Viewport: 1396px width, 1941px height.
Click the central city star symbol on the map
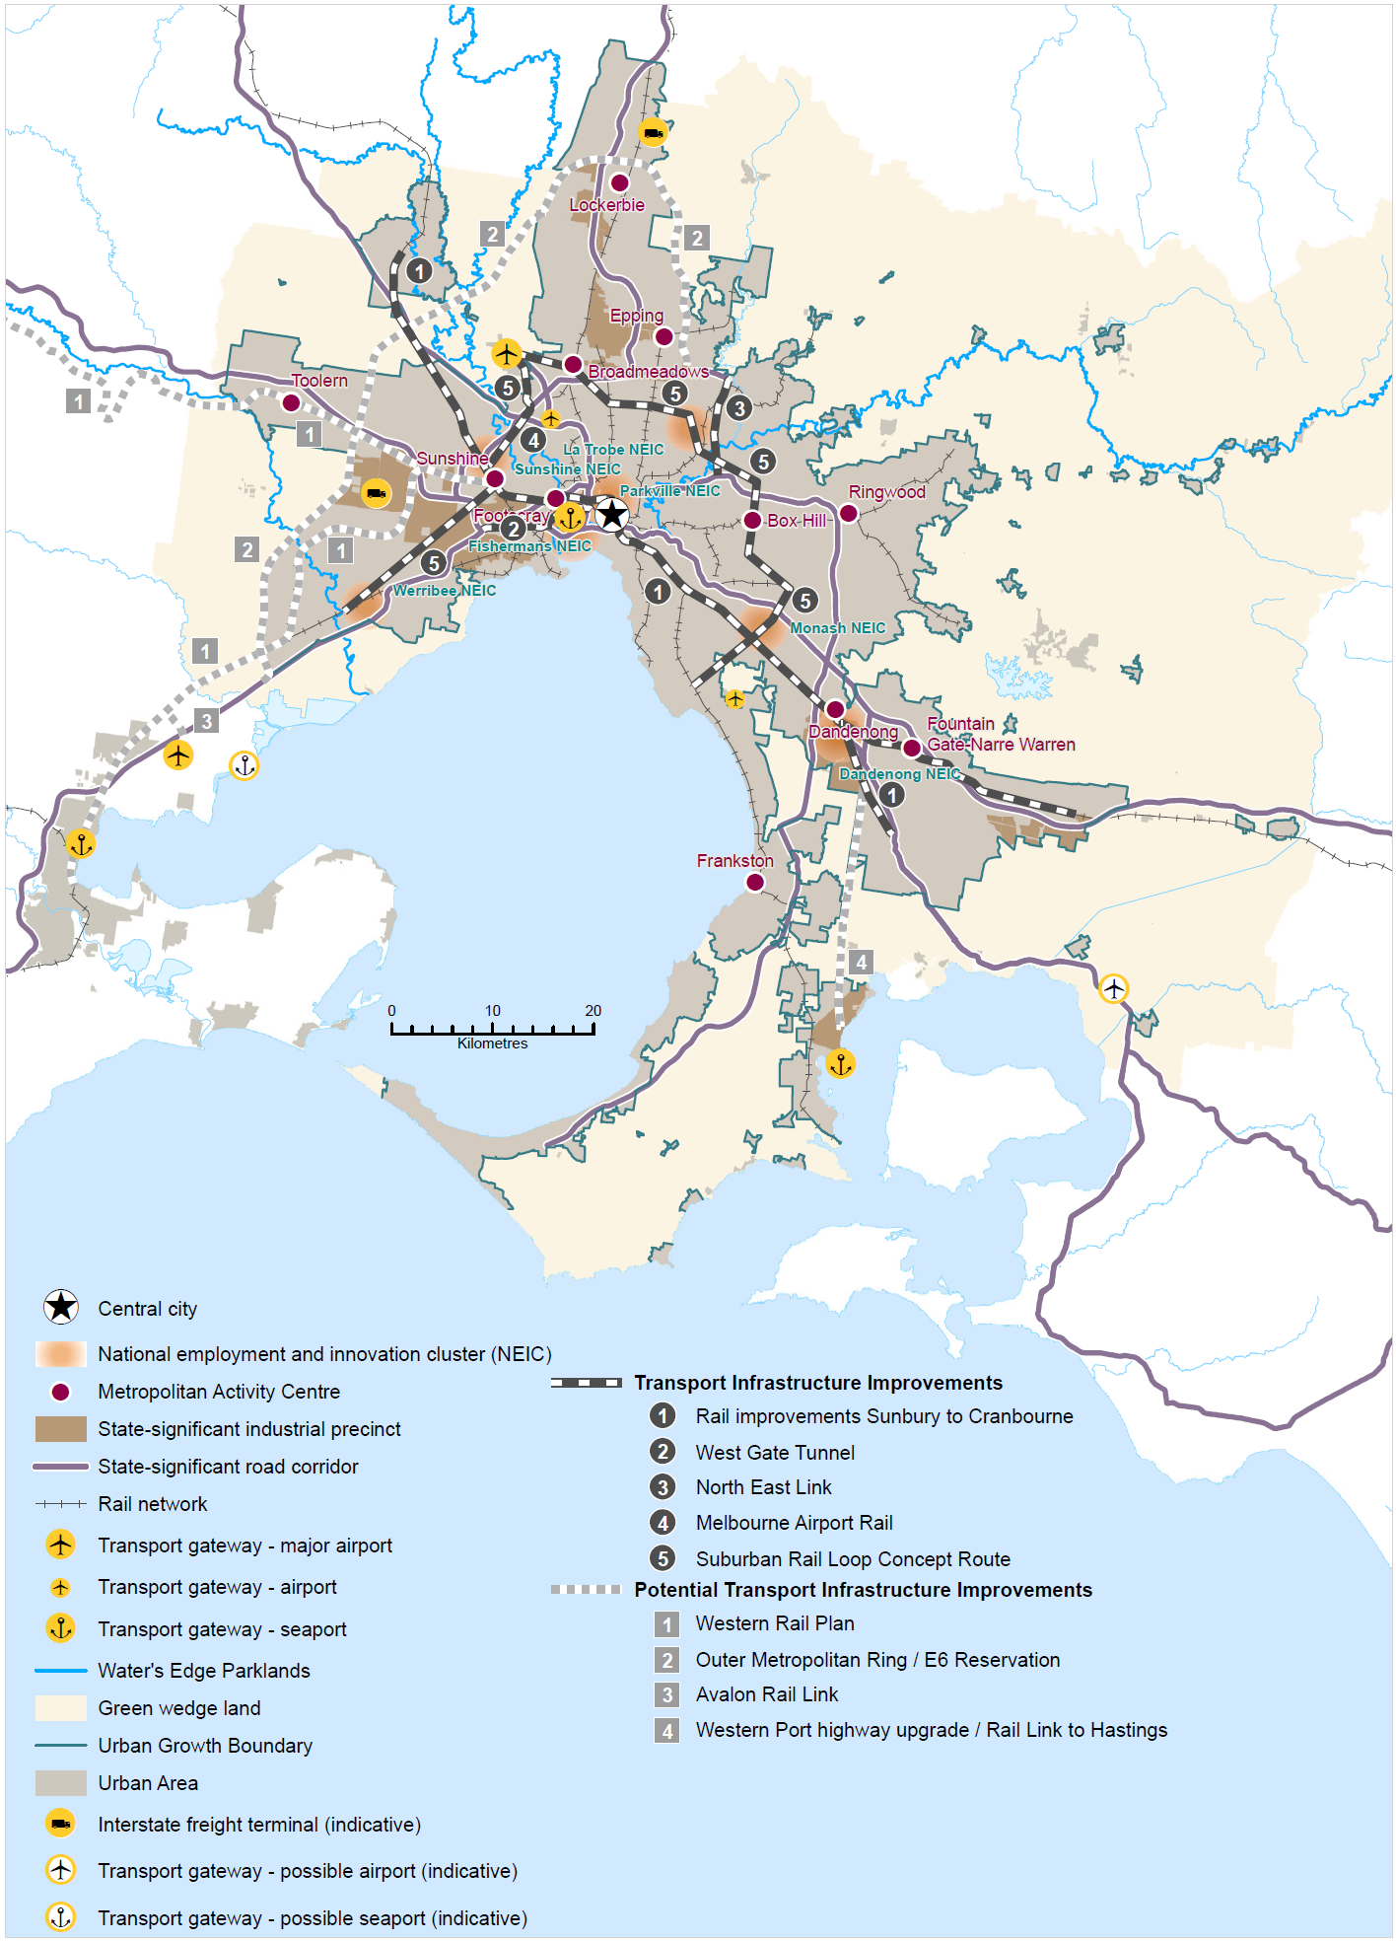click(x=612, y=514)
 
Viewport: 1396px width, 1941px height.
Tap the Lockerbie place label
click(x=606, y=205)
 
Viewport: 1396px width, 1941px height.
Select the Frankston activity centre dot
click(x=755, y=882)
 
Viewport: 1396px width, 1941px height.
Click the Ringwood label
click(x=886, y=492)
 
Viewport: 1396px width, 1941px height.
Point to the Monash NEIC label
click(x=838, y=628)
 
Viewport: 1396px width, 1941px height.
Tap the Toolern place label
click(x=319, y=381)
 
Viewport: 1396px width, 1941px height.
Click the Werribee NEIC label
click(x=445, y=591)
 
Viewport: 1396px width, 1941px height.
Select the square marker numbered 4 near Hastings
click(x=861, y=962)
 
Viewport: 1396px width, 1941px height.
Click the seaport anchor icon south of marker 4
click(x=840, y=1063)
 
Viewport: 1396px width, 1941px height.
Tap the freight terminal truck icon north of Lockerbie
click(x=653, y=132)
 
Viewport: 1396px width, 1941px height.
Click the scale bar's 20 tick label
click(x=593, y=1011)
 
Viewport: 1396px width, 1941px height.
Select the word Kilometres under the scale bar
click(x=492, y=1043)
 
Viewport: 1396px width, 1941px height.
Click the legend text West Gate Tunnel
click(x=775, y=1452)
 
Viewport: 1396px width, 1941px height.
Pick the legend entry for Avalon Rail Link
click(x=766, y=1694)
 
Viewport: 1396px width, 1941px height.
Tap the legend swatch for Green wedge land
click(x=60, y=1708)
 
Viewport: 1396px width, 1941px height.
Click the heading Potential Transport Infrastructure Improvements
click(x=863, y=1590)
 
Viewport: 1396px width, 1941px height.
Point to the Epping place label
click(x=636, y=316)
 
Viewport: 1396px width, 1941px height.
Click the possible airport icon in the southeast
click(x=1113, y=988)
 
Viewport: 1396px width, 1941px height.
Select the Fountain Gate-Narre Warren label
click(x=1000, y=735)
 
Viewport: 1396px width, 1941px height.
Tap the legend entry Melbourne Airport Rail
click(x=794, y=1523)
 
